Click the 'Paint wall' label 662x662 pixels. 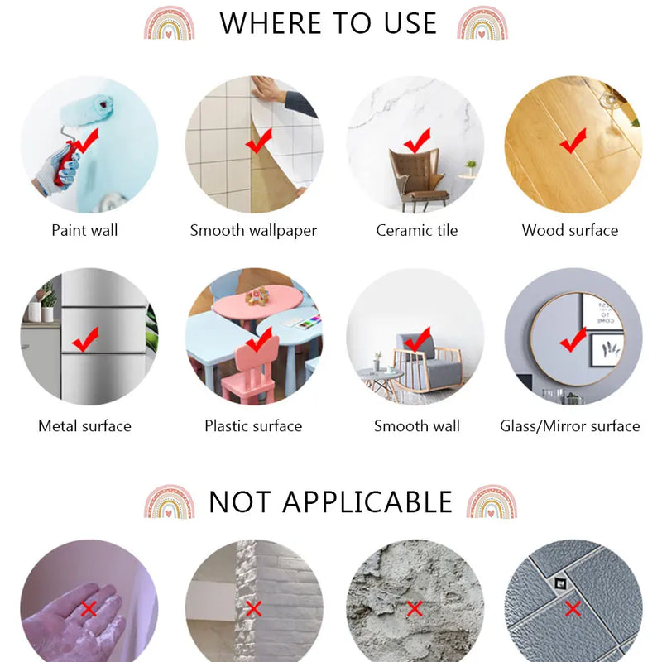click(84, 230)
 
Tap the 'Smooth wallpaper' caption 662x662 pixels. click(253, 230)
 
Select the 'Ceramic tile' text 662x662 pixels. click(416, 230)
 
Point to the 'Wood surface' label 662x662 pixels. click(570, 230)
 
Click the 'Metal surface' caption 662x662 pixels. click(84, 426)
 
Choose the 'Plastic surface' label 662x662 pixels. click(253, 426)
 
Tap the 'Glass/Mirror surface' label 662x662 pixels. click(570, 426)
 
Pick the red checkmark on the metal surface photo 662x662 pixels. click(84, 338)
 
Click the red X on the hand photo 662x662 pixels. click(89, 609)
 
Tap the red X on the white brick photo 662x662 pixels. click(253, 609)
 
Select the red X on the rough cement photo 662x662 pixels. click(415, 609)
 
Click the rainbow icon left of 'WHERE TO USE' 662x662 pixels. click(169, 22)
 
